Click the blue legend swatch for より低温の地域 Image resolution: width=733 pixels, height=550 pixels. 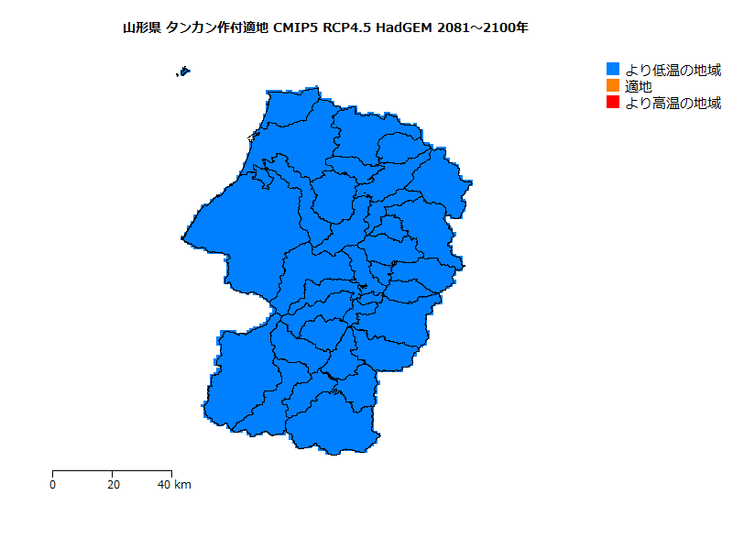point(614,70)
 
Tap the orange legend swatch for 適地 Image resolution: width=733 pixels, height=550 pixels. point(614,86)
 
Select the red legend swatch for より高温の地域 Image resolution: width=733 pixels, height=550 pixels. point(614,103)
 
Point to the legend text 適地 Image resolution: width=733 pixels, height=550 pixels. point(639,86)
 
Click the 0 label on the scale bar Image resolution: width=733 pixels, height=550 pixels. point(53,484)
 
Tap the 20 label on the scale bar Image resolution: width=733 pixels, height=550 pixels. point(112,484)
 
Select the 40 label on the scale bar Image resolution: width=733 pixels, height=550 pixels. point(164,484)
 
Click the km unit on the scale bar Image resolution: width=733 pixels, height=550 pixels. point(182,484)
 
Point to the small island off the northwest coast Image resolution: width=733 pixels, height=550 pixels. point(184,71)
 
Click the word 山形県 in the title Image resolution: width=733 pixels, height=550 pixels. point(143,27)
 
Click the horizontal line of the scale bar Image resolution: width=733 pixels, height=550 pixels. point(112,470)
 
